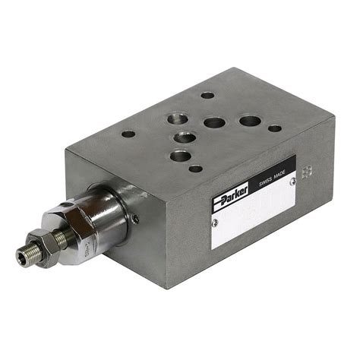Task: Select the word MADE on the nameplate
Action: [x=283, y=172]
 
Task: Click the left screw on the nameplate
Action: [x=216, y=222]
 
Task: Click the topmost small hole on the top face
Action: [x=207, y=96]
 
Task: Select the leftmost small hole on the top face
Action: [x=128, y=134]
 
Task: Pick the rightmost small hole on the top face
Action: [x=273, y=128]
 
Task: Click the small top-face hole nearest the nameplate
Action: [x=196, y=169]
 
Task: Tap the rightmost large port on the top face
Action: [x=249, y=120]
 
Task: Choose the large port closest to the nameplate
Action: [x=180, y=156]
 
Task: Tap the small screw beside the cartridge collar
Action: [x=135, y=218]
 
